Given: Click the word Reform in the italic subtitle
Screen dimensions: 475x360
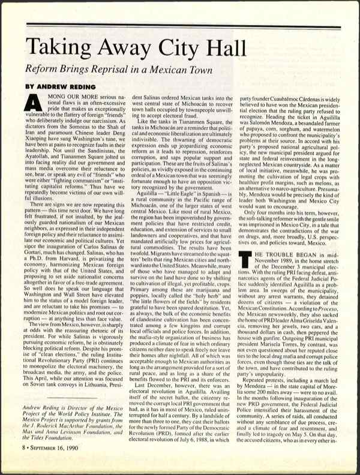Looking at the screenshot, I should (x=43, y=70).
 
